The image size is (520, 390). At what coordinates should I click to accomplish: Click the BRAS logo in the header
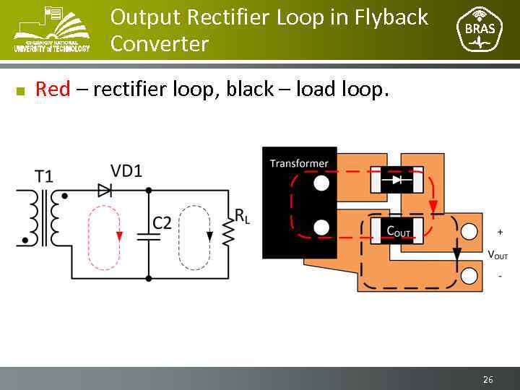tap(480, 30)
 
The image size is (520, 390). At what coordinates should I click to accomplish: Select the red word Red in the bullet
tap(53, 89)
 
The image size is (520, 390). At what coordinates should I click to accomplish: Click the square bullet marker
tap(20, 91)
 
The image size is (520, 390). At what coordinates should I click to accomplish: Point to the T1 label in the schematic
tap(44, 175)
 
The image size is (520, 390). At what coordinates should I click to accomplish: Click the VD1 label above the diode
tap(126, 170)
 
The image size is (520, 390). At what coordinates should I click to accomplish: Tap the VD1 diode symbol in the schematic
tap(105, 190)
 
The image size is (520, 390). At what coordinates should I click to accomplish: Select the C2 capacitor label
tap(162, 222)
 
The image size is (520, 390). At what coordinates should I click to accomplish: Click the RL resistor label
tap(242, 215)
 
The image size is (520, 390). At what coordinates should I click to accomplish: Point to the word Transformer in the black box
tap(299, 163)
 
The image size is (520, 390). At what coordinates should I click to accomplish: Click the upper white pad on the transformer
tap(321, 183)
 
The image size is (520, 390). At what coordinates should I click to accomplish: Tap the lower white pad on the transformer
tap(321, 228)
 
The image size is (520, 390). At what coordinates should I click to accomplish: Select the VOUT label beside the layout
tap(498, 254)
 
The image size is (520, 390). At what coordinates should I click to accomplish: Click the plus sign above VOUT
tap(500, 232)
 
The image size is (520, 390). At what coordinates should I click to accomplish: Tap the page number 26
tap(487, 379)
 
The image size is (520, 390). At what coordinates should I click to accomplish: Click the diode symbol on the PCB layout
tap(396, 179)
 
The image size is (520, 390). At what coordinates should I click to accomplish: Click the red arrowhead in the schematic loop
tap(119, 236)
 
